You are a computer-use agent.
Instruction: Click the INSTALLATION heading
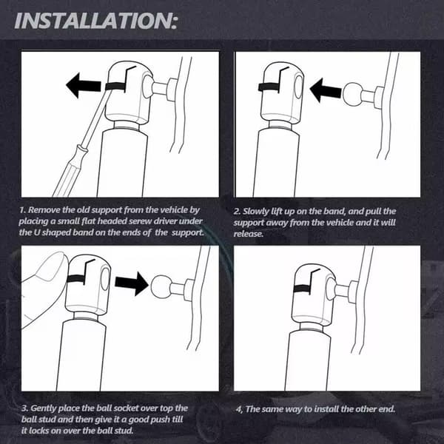coord(95,21)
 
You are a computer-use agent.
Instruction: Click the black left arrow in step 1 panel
coord(83,85)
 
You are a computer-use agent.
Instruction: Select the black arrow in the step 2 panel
coord(326,90)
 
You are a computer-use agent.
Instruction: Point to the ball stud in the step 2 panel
coord(352,93)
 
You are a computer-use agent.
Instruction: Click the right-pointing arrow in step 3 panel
coord(132,283)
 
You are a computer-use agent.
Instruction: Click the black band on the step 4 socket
coord(302,289)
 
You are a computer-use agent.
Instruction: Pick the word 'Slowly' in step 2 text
coord(256,212)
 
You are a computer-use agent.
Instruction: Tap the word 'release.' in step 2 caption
coord(249,234)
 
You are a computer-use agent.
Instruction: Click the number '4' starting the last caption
coord(239,410)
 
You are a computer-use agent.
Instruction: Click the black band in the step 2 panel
coord(269,87)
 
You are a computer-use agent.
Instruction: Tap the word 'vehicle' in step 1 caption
coord(174,210)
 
